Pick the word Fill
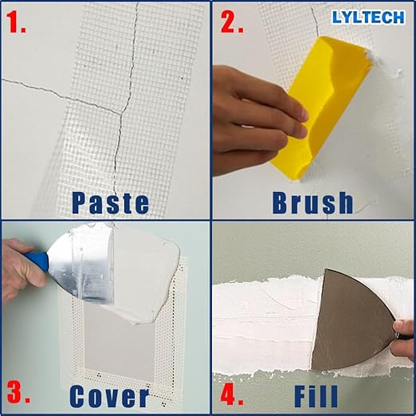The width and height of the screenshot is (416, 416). [x=316, y=395]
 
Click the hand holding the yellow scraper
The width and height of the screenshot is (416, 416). [x=255, y=112]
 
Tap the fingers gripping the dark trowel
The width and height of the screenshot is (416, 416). [x=405, y=335]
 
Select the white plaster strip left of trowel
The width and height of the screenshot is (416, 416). [x=263, y=319]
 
